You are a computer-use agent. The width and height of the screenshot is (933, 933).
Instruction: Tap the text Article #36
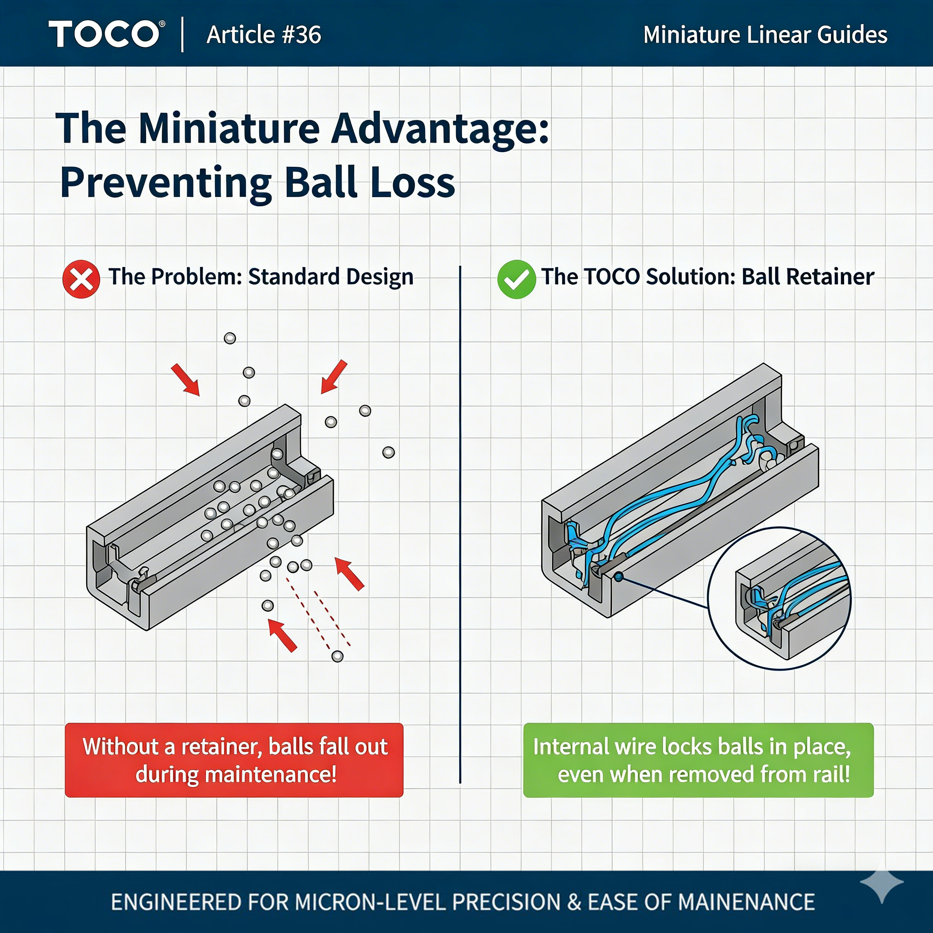[264, 35]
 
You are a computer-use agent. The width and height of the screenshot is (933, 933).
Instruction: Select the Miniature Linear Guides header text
[765, 35]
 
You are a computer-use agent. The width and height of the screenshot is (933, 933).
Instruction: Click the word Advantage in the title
[440, 129]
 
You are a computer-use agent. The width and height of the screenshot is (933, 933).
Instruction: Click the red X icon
[81, 279]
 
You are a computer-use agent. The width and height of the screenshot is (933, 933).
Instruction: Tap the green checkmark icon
[516, 279]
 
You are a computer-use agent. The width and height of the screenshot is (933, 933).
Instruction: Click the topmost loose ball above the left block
[230, 338]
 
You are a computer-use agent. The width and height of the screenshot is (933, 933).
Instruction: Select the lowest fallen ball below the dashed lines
[338, 656]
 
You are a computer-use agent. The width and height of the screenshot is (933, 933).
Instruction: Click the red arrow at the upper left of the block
[185, 380]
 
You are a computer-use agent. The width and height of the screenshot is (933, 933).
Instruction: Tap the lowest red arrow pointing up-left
[282, 636]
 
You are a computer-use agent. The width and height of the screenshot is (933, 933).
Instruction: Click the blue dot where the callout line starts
[619, 576]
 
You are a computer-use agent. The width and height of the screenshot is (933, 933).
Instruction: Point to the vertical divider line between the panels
[460, 524]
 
